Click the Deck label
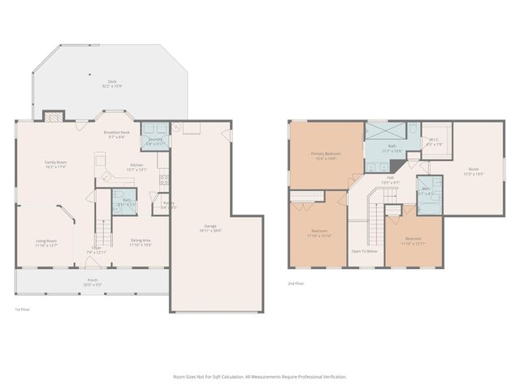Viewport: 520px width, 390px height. (x=112, y=83)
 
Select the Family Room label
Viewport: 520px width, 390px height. (x=55, y=164)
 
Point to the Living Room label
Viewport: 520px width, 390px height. (x=45, y=243)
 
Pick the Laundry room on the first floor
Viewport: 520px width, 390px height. (x=154, y=140)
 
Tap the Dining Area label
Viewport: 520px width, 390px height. (x=141, y=242)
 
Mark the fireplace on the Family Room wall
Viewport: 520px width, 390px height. (x=54, y=117)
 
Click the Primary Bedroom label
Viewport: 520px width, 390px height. (x=326, y=155)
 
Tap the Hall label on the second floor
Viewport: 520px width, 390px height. (x=390, y=180)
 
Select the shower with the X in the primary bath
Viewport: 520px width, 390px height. (x=378, y=130)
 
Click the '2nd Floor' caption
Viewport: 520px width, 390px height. (x=296, y=284)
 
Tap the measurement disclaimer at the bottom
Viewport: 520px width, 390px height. (x=260, y=377)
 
